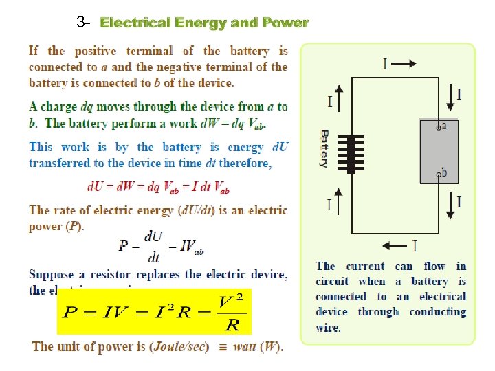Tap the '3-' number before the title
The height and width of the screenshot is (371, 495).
click(84, 23)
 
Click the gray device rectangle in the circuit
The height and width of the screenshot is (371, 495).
click(439, 151)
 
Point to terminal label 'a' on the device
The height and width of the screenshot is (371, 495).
click(443, 126)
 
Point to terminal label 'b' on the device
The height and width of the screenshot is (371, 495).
click(443, 173)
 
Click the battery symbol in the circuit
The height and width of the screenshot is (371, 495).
click(355, 153)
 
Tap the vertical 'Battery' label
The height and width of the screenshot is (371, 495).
click(324, 148)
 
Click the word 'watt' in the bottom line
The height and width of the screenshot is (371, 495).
click(245, 346)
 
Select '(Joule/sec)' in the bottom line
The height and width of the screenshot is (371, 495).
click(179, 346)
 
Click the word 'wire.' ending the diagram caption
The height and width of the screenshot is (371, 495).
click(328, 327)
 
